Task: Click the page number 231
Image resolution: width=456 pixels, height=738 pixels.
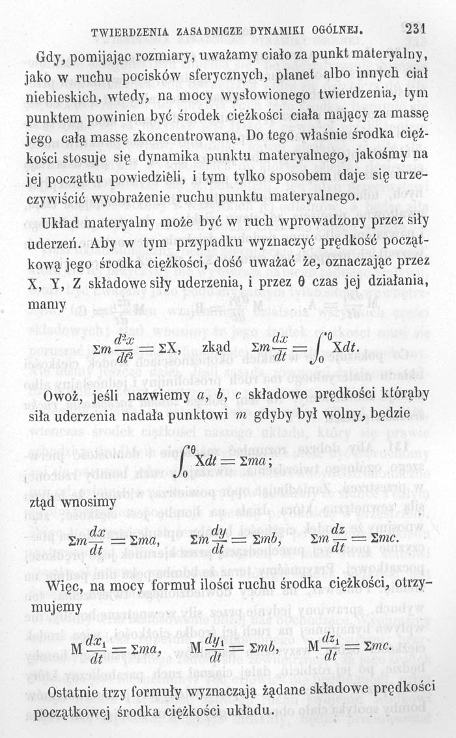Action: [414, 28]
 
